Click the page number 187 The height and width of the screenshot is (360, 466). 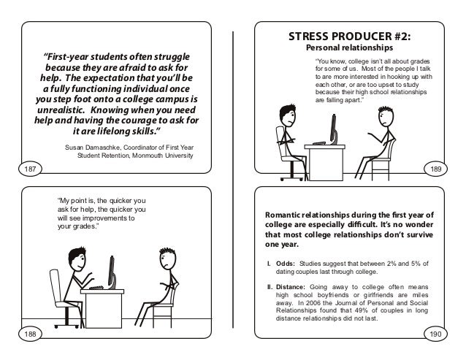(30, 169)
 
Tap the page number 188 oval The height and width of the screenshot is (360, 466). (30, 334)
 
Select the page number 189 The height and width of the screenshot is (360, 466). (435, 169)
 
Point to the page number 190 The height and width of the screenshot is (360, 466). (435, 334)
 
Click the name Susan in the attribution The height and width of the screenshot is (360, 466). (74, 148)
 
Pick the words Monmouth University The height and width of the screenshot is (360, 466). (163, 156)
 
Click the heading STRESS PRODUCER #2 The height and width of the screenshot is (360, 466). (349, 37)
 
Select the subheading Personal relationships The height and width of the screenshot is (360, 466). (349, 47)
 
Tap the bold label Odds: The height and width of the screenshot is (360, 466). (286, 264)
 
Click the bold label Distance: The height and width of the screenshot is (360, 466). (291, 287)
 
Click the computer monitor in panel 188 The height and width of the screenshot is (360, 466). (112, 272)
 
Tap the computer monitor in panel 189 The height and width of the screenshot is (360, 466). (334, 129)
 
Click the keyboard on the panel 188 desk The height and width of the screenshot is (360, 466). (96, 288)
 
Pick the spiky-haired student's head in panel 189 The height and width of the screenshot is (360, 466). (386, 116)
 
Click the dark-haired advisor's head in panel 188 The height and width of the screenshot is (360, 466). (77, 259)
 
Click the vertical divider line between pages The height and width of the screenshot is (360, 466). (233, 180)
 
